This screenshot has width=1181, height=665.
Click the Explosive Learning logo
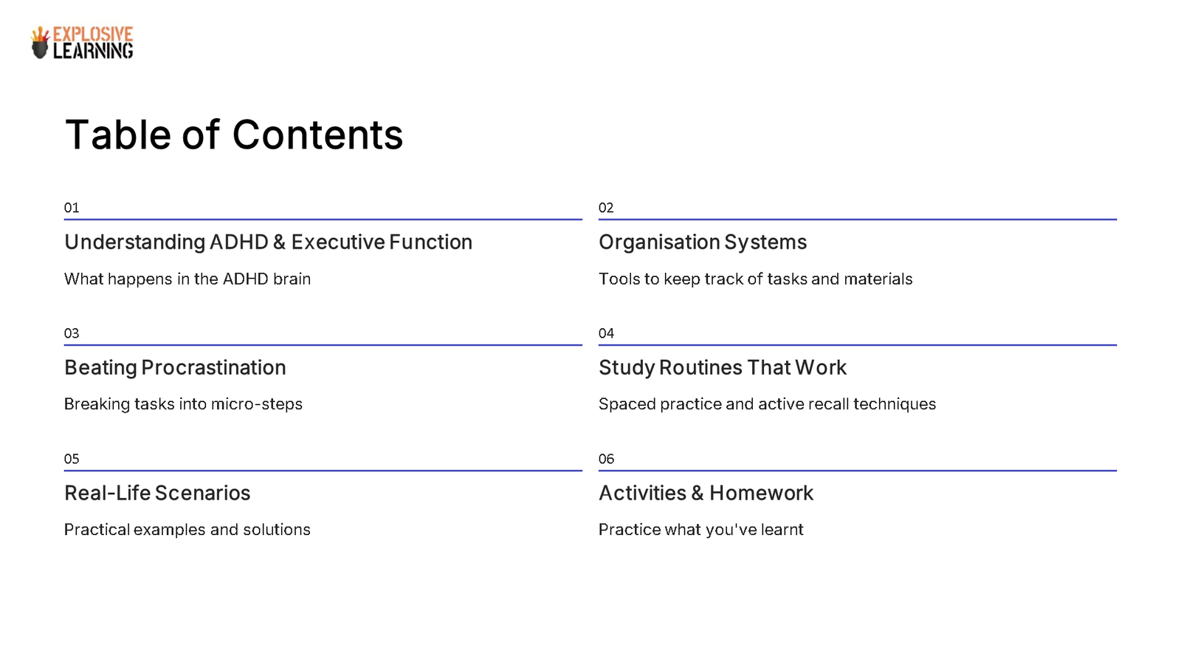[82, 43]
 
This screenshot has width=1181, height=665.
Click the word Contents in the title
[317, 135]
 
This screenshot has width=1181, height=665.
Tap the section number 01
[72, 208]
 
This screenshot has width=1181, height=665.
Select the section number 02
[606, 208]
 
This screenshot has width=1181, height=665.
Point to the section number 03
[72, 333]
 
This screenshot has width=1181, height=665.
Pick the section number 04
[606, 333]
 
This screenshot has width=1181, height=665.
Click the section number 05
[72, 459]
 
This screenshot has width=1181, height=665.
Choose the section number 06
[606, 459]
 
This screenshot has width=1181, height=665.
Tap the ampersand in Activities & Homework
[698, 494]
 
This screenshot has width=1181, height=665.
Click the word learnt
[782, 530]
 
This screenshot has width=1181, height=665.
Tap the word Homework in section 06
[761, 494]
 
